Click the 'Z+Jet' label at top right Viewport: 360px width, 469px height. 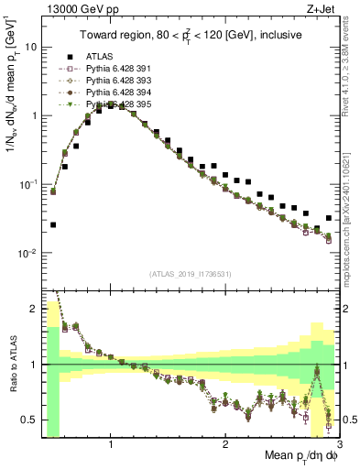[320, 10]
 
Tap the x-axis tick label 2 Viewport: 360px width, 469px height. [225, 445]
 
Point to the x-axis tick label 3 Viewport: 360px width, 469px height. [338, 445]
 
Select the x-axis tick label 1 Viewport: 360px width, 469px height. [111, 445]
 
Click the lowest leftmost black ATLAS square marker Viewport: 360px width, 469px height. [53, 224]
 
